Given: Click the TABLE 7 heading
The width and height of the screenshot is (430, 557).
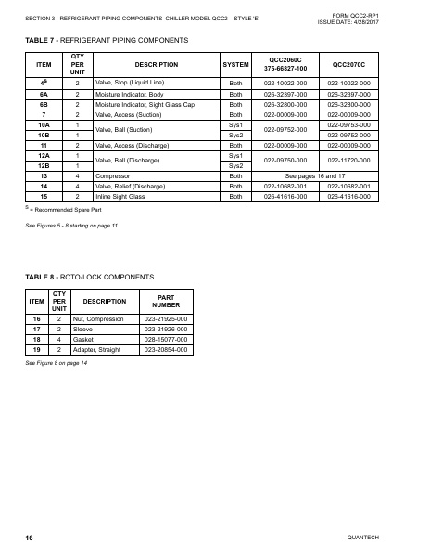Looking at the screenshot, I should (x=109, y=41).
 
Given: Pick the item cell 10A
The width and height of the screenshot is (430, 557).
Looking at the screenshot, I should (x=43, y=124).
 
